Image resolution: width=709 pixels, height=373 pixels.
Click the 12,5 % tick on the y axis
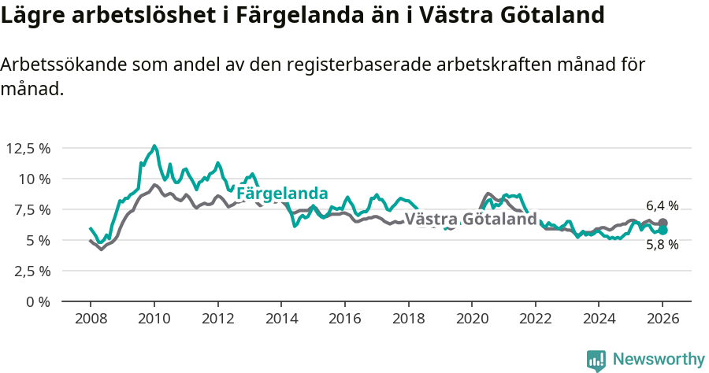(x=28, y=148)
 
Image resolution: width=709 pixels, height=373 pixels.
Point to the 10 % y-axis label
(x=35, y=179)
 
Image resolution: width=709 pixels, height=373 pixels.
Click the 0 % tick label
(x=39, y=301)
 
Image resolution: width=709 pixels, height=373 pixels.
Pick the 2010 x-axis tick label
(x=154, y=319)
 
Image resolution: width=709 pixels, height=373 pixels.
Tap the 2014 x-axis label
(x=281, y=319)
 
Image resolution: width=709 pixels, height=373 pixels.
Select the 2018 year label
(x=408, y=319)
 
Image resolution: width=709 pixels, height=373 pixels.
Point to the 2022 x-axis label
(x=536, y=319)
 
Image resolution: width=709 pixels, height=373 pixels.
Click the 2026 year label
(x=663, y=319)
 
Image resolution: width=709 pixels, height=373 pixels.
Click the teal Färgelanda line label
(x=282, y=194)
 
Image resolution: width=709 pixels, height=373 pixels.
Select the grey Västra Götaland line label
(x=470, y=219)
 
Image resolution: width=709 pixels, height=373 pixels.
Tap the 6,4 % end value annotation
(x=662, y=205)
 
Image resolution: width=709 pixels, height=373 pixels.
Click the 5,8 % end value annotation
(x=662, y=245)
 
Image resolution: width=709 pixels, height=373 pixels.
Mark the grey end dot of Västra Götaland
(x=663, y=223)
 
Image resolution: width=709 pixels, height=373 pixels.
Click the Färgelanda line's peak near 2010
(x=154, y=146)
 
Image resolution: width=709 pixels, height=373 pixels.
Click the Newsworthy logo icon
(x=596, y=360)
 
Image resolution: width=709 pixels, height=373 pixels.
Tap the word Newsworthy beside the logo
(x=658, y=360)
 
